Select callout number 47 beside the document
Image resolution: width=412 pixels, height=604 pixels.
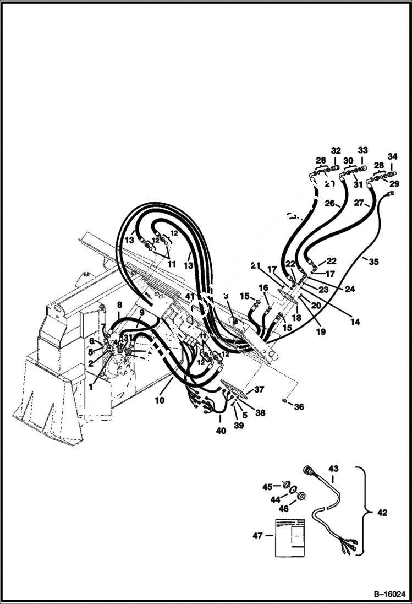coord(256,535)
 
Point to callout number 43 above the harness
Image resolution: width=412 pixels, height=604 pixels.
coord(333,469)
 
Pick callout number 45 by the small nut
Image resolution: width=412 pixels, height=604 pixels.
coord(267,486)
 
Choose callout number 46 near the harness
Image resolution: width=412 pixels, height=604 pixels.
coord(283,509)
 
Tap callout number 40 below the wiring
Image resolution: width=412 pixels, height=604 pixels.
coord(220,431)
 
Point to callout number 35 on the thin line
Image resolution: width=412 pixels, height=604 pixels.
coord(373,262)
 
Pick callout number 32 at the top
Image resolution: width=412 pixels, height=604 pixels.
coord(336,150)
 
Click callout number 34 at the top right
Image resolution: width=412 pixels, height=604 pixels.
coord(392,156)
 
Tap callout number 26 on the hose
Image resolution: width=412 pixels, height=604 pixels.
coord(329,203)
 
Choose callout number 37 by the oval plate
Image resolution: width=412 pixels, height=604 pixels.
coord(259,389)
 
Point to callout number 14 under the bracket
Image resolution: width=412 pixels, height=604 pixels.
coord(355,322)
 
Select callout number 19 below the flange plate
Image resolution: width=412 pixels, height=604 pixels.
coord(321,331)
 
